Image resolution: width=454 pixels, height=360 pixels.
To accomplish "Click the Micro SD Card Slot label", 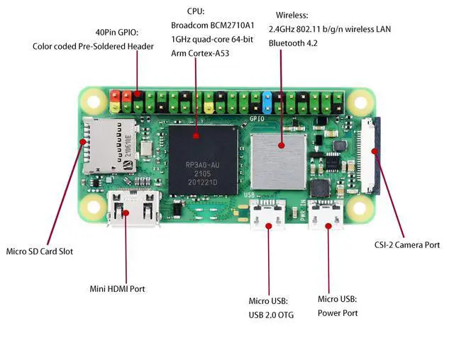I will (x=40, y=251).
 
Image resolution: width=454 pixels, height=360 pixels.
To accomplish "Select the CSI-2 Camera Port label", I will (x=407, y=245).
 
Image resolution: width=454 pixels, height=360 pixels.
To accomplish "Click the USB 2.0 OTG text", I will (x=271, y=315).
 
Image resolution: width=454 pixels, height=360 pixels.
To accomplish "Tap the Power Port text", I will (x=338, y=313).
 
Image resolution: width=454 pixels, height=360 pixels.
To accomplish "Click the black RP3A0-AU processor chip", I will (x=202, y=161).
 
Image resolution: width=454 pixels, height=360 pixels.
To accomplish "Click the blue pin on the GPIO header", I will (x=267, y=103).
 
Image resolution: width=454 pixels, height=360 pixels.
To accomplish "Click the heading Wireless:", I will (x=292, y=14).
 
